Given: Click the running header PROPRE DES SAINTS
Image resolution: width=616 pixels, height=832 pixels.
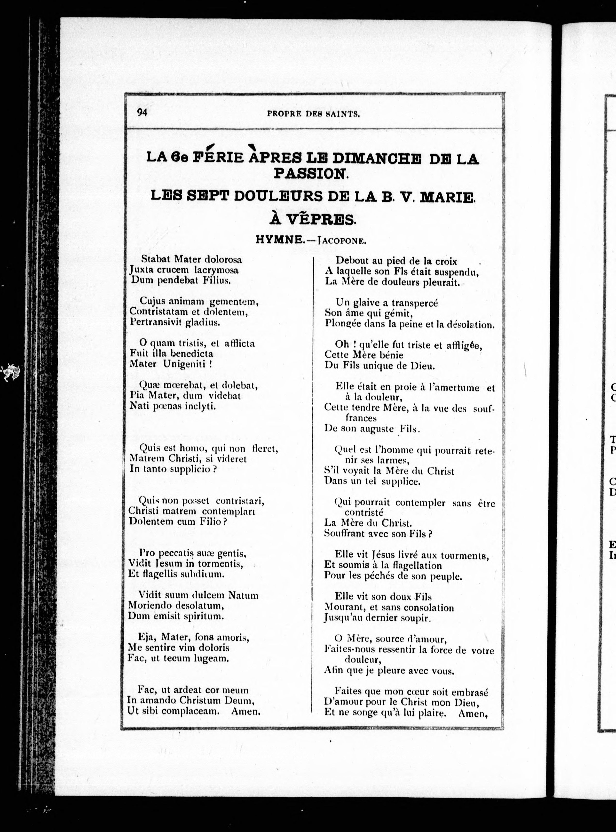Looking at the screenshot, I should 313,114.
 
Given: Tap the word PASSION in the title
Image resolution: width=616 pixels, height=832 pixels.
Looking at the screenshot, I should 311,173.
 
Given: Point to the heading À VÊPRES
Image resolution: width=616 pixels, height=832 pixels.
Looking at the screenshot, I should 312,219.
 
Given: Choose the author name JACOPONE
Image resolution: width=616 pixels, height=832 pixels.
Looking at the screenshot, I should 341,240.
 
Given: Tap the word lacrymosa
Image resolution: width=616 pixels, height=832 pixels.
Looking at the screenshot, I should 218,270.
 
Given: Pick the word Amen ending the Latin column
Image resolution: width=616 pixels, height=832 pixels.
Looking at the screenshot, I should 245,711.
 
